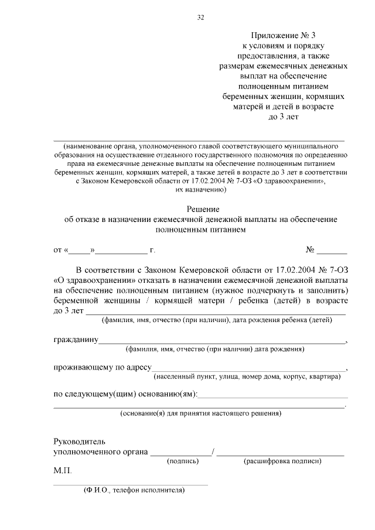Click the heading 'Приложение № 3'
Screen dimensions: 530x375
pos(283,36)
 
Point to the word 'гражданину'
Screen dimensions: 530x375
pos(75,340)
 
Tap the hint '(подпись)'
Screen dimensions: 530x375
pos(183,461)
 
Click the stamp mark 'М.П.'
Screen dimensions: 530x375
pos(62,471)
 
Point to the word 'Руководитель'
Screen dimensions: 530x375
pos(80,441)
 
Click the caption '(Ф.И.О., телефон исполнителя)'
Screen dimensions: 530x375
pos(134,490)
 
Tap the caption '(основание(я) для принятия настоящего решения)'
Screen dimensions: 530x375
pos(200,413)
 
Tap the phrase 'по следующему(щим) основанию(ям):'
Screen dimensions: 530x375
pos(125,394)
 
